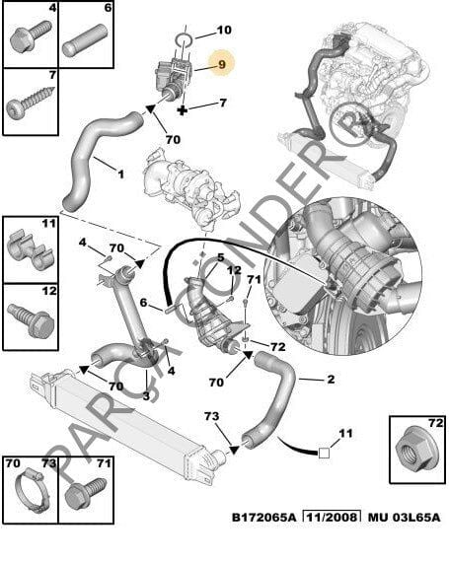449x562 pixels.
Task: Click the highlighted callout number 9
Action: tap(222, 64)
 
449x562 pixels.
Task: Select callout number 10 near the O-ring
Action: tap(224, 30)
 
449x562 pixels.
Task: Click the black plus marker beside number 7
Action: tap(183, 109)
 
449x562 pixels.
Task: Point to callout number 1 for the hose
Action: tap(120, 175)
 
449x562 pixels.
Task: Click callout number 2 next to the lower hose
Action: tap(331, 379)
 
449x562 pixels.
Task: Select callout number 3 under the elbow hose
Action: tap(146, 396)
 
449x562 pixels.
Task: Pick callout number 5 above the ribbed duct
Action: tap(221, 257)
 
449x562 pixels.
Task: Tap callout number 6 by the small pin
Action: tap(143, 303)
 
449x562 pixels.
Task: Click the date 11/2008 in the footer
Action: tap(332, 518)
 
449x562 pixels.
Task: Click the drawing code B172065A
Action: tap(264, 518)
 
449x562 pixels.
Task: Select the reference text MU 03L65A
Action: tap(405, 518)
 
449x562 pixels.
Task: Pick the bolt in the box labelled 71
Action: tap(86, 492)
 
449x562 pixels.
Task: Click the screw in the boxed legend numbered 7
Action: tap(30, 101)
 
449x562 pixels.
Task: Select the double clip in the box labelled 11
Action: tap(31, 250)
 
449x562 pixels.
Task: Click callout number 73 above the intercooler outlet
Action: tap(211, 416)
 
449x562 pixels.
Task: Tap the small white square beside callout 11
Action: tap(324, 453)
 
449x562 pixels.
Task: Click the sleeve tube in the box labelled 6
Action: tap(85, 39)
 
